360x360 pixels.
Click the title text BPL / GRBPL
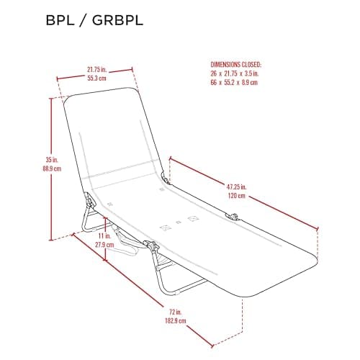coord(94,20)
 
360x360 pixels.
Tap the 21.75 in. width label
coord(96,70)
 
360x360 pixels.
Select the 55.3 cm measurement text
coord(96,78)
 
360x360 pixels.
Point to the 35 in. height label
coord(52,160)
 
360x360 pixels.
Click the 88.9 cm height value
coord(52,168)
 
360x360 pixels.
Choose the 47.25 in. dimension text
coord(236,186)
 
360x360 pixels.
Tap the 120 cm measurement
coord(237,196)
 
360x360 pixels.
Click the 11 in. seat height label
coord(104,235)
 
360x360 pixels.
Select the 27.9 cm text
coord(104,245)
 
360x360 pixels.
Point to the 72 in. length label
coord(176,312)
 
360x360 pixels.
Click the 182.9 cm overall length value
coord(176,320)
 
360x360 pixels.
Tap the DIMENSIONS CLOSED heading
coord(235,64)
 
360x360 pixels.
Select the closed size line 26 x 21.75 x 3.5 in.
coord(235,73)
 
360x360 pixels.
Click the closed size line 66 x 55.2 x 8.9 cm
coord(234,82)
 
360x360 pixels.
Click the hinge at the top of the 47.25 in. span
coord(165,179)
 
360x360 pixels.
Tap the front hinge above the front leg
coord(151,246)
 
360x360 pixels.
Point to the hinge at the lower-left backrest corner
coord(90,199)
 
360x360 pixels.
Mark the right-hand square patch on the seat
coord(193,219)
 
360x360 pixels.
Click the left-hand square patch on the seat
coord(166,228)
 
